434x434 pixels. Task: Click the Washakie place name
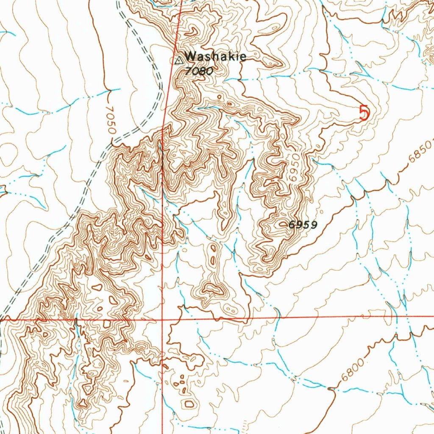215,56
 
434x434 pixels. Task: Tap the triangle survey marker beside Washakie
178,60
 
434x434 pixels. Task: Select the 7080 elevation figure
198,71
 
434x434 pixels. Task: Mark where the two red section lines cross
163,319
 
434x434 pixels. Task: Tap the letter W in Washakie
190,56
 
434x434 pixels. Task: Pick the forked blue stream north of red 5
360,68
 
